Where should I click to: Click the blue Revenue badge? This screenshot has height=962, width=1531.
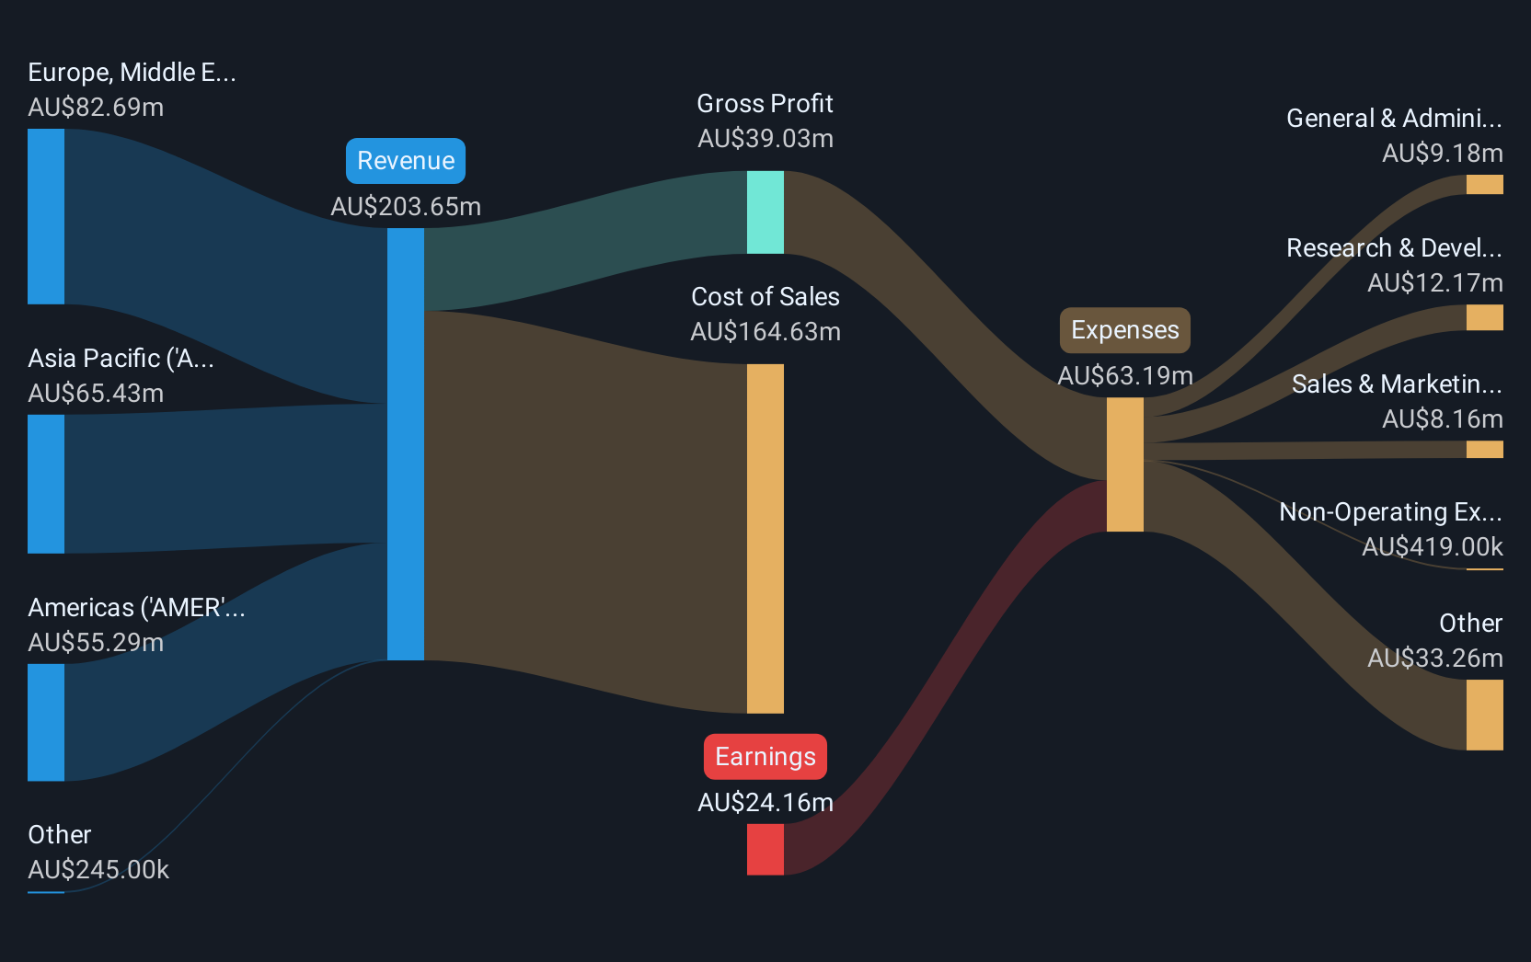[x=406, y=161]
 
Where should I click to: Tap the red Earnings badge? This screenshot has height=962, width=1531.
[x=765, y=756]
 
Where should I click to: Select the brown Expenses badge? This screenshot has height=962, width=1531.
[x=1125, y=330]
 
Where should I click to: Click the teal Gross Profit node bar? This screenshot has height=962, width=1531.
[x=765, y=212]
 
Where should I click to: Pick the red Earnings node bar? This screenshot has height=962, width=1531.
[x=765, y=849]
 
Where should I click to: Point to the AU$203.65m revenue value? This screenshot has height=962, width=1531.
[x=406, y=206]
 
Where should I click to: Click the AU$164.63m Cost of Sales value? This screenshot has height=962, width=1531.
[x=765, y=332]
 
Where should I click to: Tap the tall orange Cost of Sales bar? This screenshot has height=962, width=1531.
[x=765, y=538]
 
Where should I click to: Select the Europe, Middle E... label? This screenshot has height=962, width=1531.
[x=132, y=73]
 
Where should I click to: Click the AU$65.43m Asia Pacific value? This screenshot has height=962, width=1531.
[x=96, y=394]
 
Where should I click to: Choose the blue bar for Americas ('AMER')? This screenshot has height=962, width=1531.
[x=46, y=722]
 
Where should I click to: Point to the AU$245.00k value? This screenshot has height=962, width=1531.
[x=98, y=870]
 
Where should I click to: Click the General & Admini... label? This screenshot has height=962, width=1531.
[x=1394, y=119]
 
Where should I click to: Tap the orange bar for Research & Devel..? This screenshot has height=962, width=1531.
[x=1484, y=317]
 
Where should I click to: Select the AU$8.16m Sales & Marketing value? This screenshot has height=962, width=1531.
[x=1443, y=418]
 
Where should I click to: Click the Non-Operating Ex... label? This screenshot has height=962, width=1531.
[x=1391, y=511]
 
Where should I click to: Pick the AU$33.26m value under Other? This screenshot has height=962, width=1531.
[x=1435, y=658]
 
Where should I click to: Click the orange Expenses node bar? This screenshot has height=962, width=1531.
[x=1125, y=464]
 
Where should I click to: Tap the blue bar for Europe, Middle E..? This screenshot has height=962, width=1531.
[x=46, y=216]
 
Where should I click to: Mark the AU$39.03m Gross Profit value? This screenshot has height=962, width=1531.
[x=765, y=139]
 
